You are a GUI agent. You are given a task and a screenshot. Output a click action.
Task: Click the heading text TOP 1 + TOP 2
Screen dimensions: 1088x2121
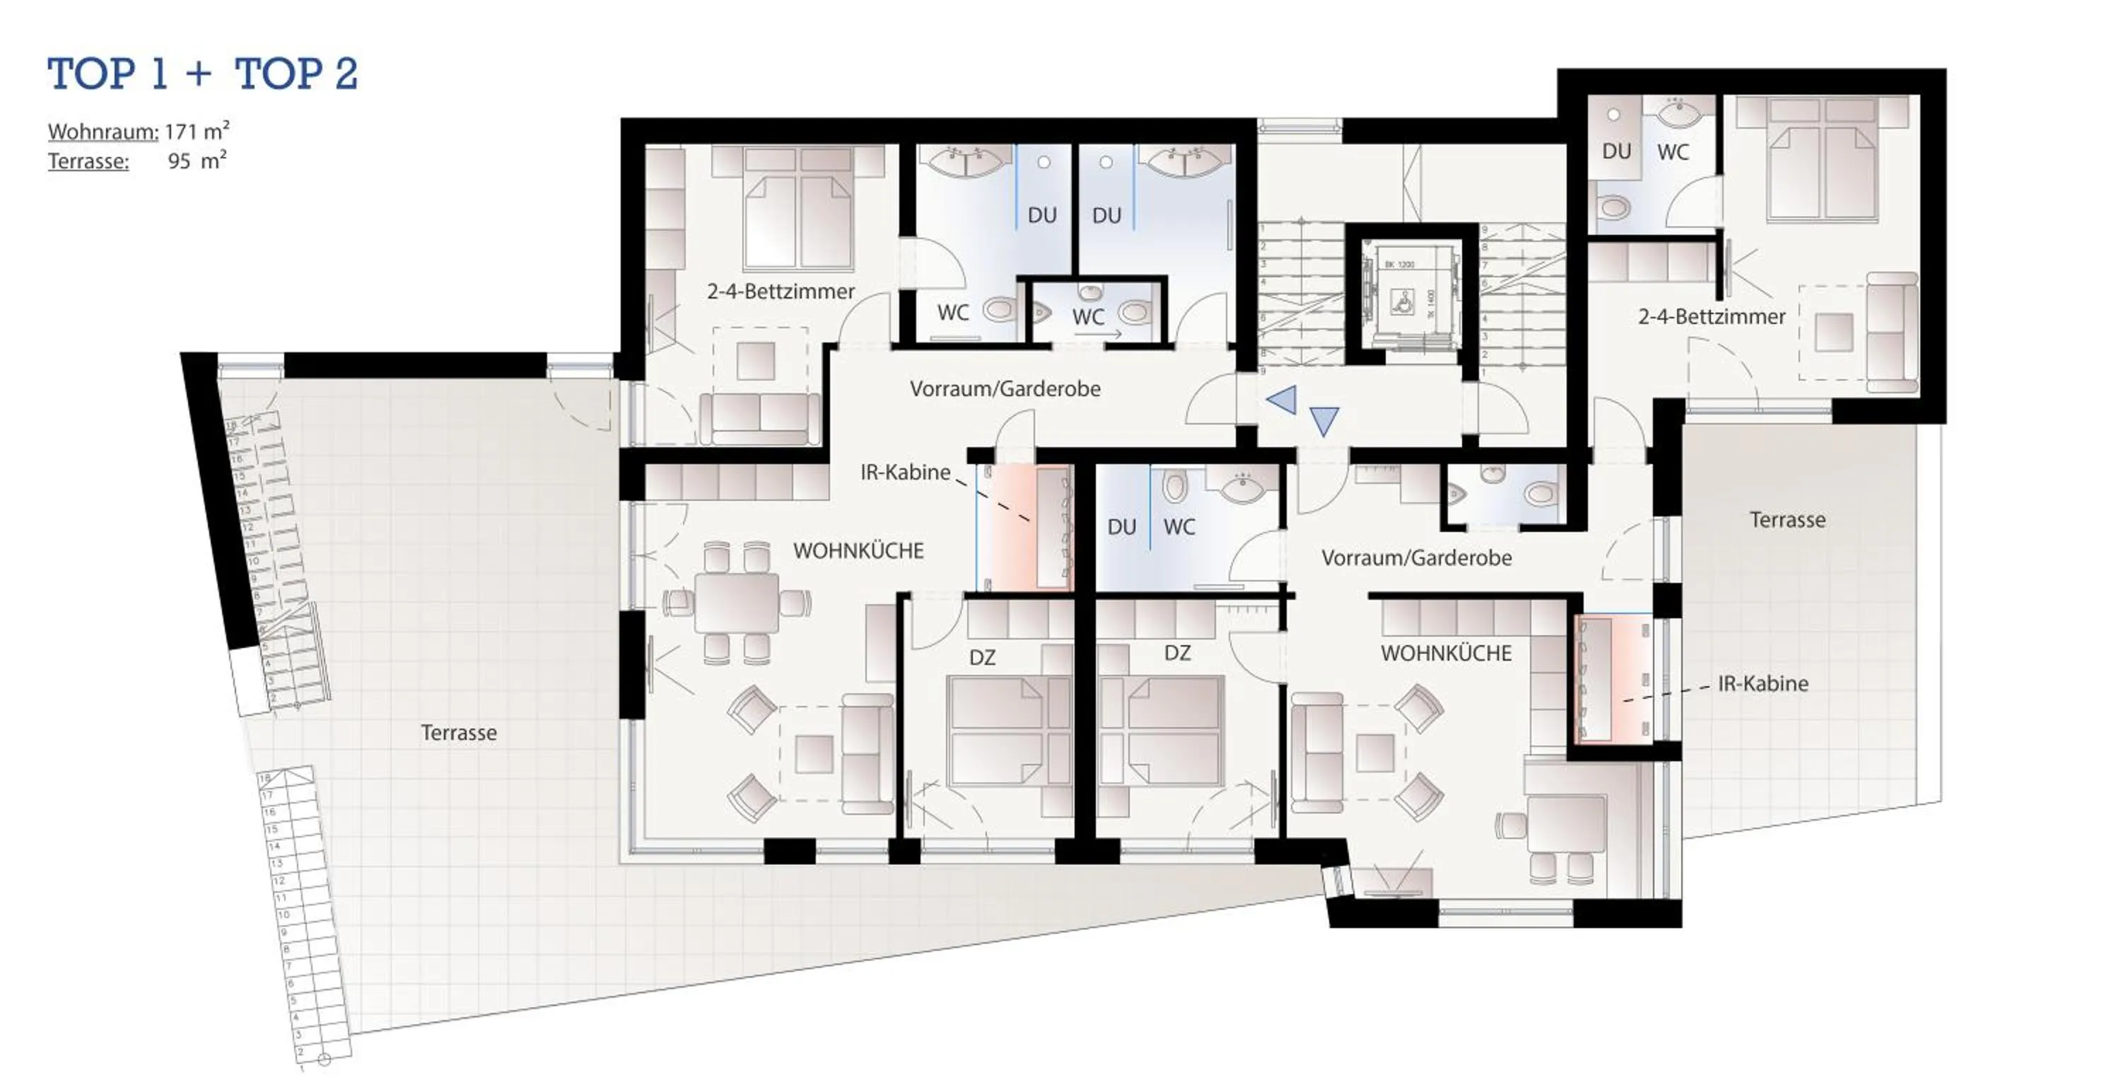tap(202, 74)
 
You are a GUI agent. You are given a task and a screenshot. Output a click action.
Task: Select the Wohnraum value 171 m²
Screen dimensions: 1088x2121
tap(197, 131)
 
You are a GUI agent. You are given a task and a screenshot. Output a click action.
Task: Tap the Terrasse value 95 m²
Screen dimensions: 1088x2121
tap(197, 161)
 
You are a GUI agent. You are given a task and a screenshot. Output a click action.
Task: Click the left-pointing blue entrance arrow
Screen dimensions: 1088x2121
tap(1282, 400)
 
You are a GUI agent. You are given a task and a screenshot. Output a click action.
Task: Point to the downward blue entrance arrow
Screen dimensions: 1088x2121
tap(1324, 420)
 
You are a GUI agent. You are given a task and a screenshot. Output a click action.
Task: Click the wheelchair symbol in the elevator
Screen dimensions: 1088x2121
tap(1401, 303)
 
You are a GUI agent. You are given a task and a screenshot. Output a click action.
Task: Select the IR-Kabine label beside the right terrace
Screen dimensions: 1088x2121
tap(1762, 683)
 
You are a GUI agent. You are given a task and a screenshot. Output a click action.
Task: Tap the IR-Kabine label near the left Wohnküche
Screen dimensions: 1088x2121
tap(905, 473)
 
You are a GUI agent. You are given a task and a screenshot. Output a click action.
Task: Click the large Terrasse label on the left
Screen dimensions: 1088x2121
tap(459, 733)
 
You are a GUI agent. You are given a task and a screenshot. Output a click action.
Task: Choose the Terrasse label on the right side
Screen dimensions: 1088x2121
tap(1787, 520)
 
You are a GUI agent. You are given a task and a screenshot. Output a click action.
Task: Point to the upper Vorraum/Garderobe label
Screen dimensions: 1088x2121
tap(1005, 389)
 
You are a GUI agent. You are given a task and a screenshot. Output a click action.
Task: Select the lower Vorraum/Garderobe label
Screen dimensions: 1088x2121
tap(1416, 558)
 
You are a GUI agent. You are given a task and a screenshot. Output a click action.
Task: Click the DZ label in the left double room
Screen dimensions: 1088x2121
tap(981, 657)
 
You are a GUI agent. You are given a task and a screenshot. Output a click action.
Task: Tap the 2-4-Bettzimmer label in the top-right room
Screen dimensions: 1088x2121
tap(1711, 317)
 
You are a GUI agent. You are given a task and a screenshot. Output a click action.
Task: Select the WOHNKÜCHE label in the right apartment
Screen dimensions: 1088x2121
tap(1446, 654)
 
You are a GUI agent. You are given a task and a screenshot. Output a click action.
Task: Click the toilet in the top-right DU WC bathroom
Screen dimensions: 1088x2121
tap(1614, 207)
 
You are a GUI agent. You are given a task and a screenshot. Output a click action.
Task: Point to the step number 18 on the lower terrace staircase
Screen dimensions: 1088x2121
tap(265, 777)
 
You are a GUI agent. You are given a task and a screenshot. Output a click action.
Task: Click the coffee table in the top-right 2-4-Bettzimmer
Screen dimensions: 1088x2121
tap(1834, 332)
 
